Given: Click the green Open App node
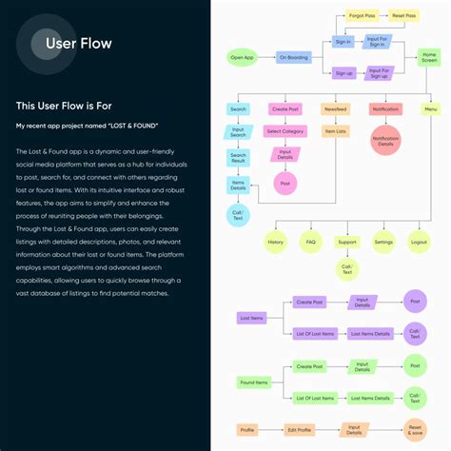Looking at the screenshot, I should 243,57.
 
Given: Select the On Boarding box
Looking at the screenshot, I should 294,57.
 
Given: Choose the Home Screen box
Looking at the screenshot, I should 430,57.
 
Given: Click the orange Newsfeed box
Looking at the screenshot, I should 334,109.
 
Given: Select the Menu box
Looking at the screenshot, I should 430,109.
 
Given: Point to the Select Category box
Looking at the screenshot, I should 285,131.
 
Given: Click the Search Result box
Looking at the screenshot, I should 238,158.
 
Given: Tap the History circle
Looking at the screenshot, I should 275,242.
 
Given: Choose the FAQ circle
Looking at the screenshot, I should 311,242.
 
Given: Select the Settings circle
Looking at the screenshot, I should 383,242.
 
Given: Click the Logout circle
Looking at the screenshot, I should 419,242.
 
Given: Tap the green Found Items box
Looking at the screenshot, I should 254,382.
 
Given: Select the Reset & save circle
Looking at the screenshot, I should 414,430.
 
